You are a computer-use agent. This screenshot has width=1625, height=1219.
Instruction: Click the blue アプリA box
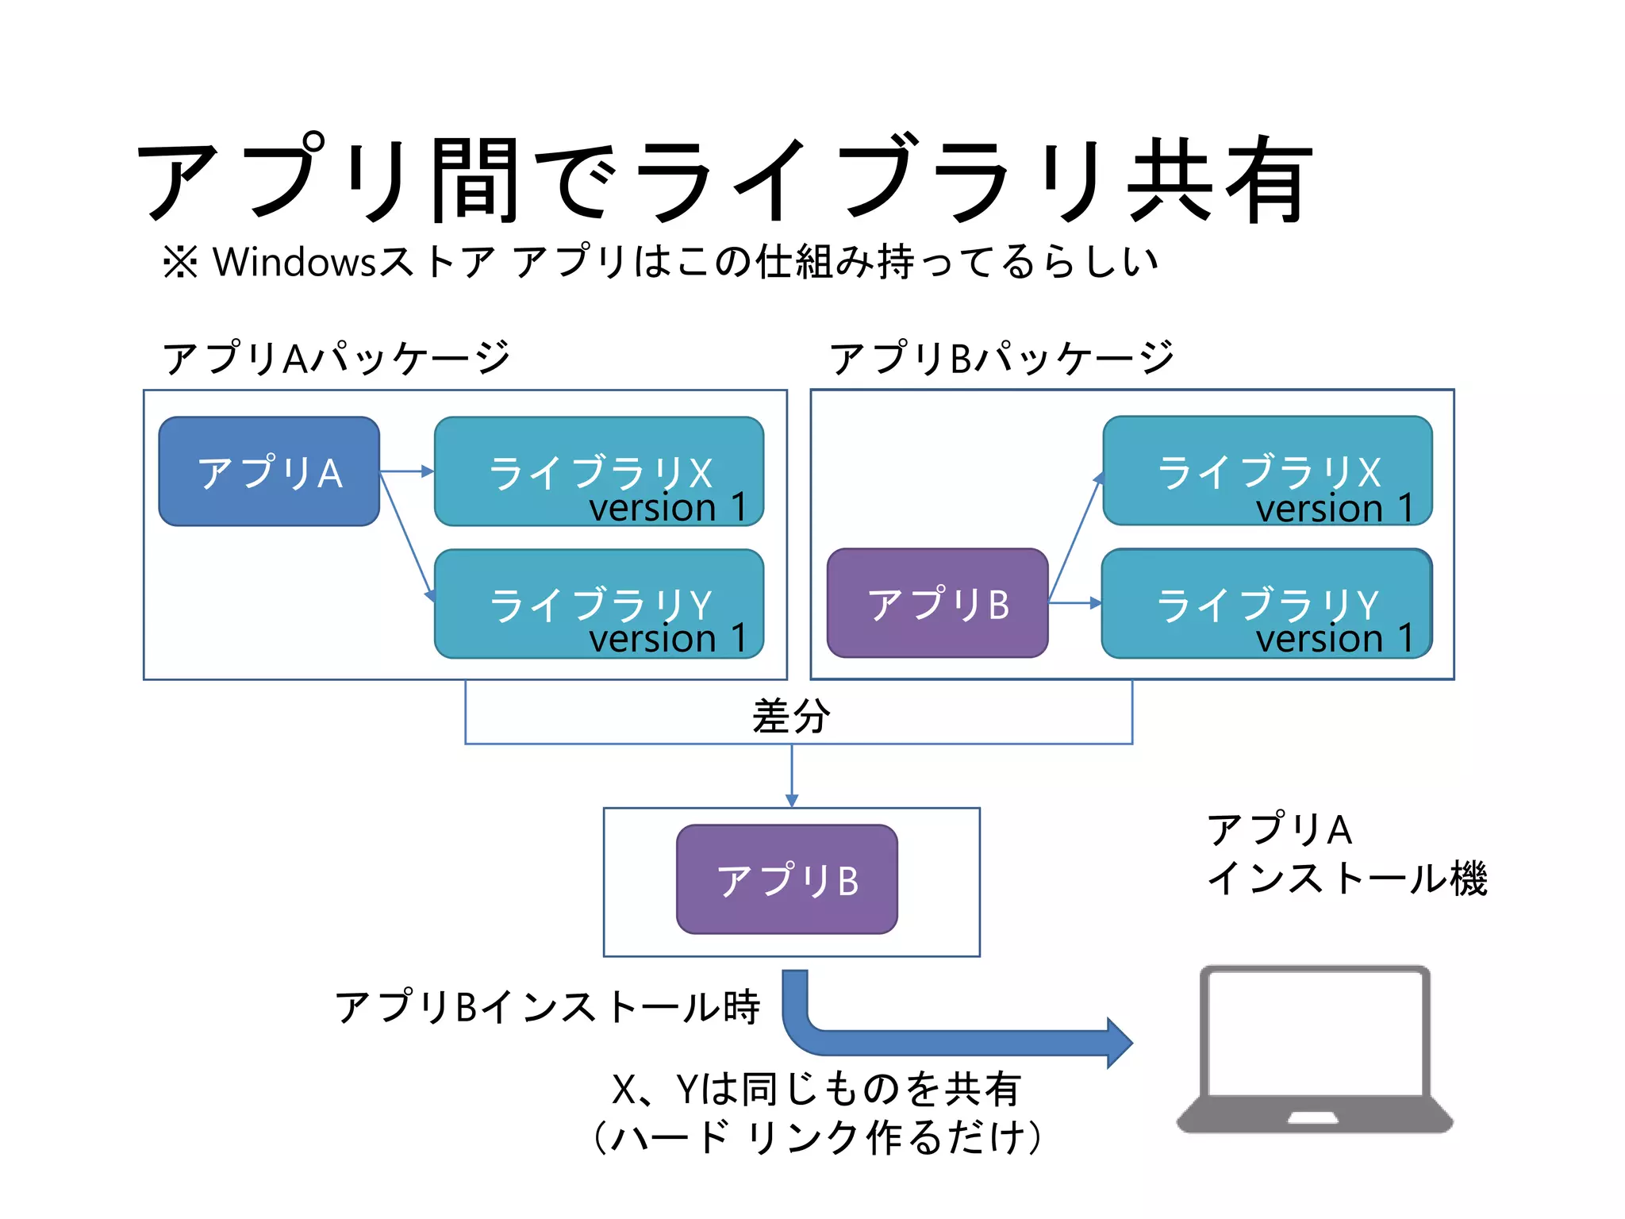269,471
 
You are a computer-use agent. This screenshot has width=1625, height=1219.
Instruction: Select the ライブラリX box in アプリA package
599,471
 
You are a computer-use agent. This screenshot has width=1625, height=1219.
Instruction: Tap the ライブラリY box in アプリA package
599,604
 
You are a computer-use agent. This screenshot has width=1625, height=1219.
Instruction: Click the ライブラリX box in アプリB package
1267,471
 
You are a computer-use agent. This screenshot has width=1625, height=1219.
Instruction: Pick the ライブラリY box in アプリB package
1267,603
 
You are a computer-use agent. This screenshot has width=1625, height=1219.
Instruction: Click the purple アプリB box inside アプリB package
937,603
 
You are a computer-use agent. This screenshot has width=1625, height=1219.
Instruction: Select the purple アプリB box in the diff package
787,879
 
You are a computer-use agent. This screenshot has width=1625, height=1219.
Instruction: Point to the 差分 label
791,716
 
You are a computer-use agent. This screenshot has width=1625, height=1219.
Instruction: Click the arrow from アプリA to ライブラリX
407,471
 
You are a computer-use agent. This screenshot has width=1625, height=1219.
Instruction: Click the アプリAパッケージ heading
336,357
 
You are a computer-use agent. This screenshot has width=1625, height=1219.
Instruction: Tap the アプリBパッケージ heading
1001,357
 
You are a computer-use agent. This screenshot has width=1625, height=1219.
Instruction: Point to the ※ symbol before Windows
180,262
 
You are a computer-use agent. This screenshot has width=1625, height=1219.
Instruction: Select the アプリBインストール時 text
547,1006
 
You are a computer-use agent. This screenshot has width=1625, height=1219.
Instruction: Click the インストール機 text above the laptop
1346,879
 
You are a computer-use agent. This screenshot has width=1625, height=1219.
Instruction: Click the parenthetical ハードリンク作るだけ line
817,1137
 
